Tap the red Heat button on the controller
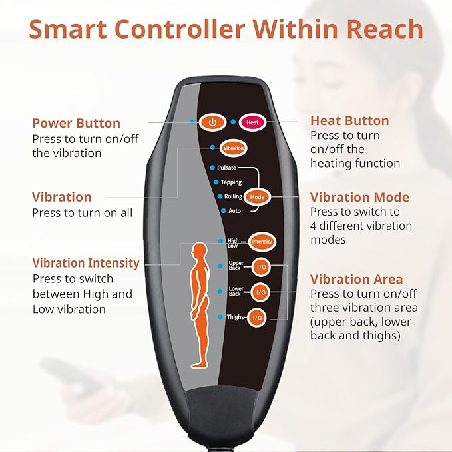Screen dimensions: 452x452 [252, 122]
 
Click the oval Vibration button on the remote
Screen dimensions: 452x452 [233, 148]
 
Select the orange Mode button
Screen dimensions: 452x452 [256, 197]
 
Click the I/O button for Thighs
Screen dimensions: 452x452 [258, 318]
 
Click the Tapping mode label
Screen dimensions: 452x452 [231, 182]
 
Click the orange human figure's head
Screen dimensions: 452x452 [199, 250]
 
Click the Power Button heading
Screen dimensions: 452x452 [77, 123]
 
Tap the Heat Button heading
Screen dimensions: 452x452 [349, 120]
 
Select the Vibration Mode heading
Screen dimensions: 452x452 [359, 197]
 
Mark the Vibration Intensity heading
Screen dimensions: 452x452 [86, 263]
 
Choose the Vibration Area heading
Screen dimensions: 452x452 [357, 279]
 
